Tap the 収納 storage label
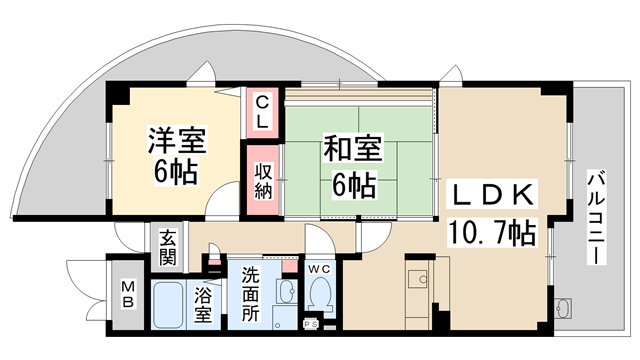[x=261, y=182]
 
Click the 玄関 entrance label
[x=167, y=250]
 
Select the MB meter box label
[x=127, y=296]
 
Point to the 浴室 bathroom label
[x=203, y=305]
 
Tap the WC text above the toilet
[x=319, y=268]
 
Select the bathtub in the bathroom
[x=168, y=305]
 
